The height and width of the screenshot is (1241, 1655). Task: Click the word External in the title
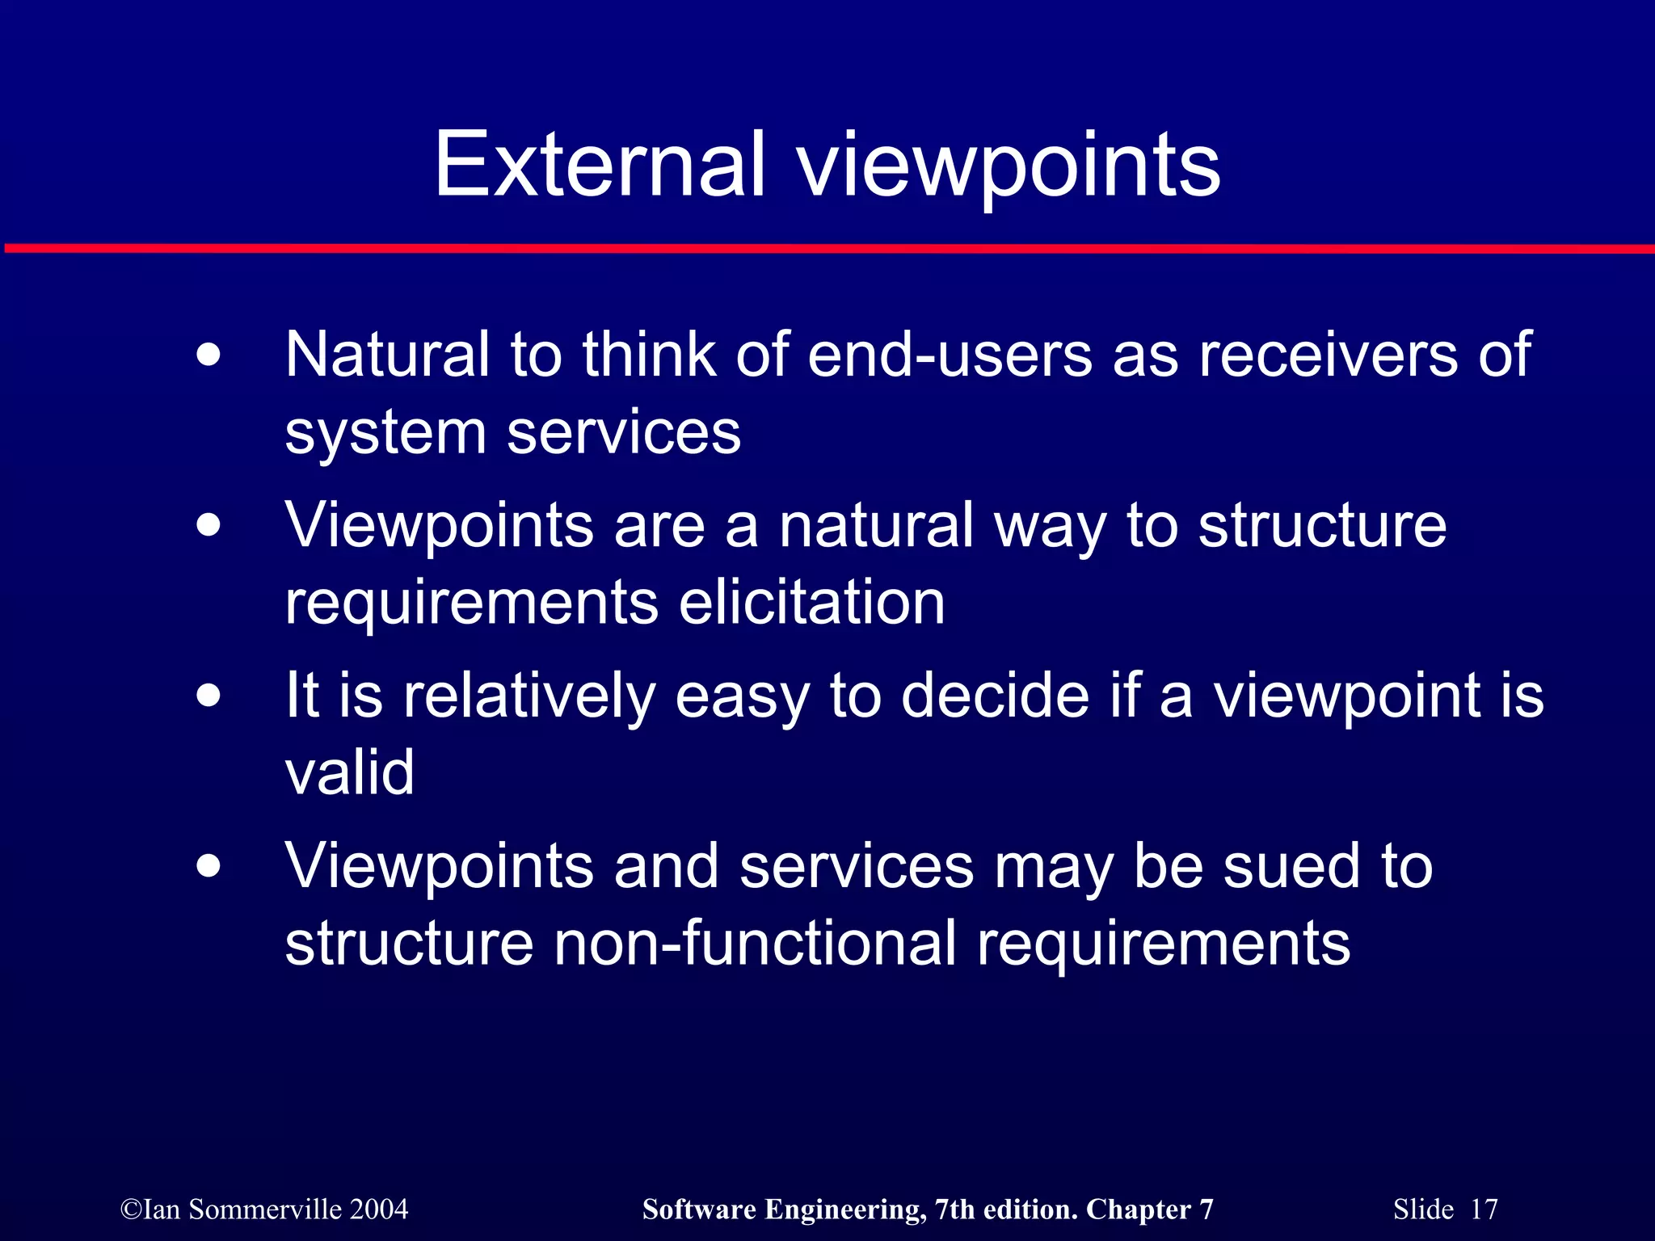coord(599,165)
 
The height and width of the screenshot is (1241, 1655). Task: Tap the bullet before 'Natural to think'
coord(208,355)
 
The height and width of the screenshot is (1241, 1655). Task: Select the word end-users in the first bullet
coord(950,355)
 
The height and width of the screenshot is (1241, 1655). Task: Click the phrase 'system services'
coord(512,433)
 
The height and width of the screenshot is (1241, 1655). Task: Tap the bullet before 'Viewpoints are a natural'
coord(208,526)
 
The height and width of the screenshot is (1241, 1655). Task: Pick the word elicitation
coord(811,603)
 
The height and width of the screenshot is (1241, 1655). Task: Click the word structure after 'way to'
coord(1322,526)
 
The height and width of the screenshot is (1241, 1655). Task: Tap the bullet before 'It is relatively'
coord(208,696)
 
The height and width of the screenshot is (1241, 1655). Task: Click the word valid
coord(349,772)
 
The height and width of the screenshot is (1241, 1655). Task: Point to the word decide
coord(995,696)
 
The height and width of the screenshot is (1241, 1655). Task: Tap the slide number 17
coord(1484,1209)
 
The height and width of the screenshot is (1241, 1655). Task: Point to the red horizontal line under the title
coord(827,249)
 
